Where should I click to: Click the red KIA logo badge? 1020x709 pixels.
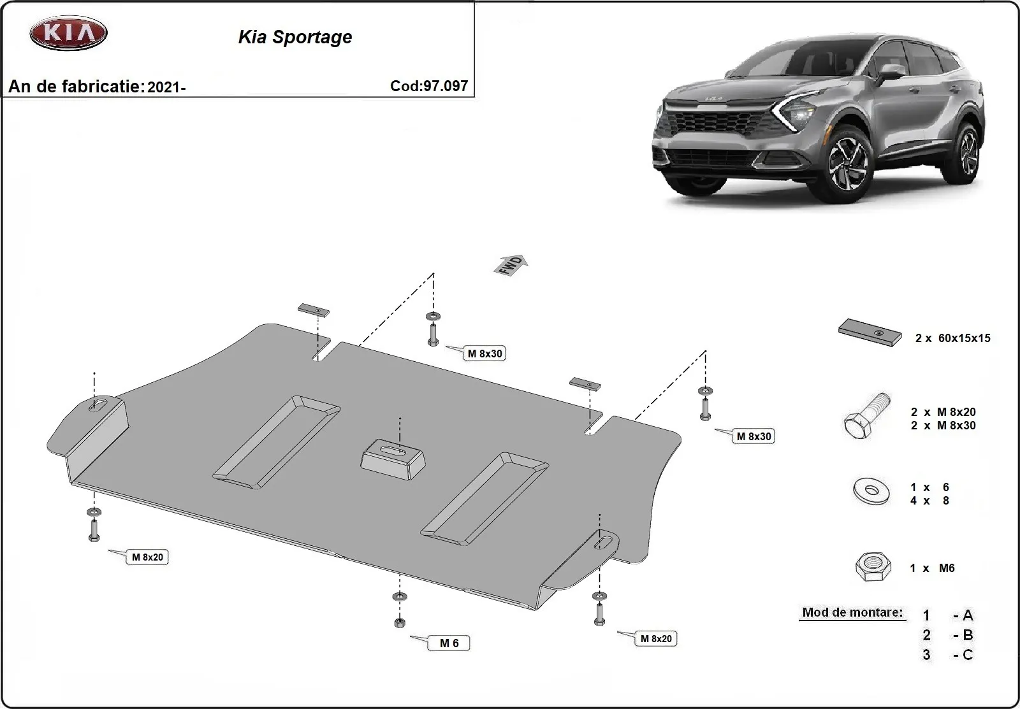click(68, 33)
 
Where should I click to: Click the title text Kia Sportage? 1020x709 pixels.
click(295, 37)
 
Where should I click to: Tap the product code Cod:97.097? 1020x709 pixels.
click(429, 86)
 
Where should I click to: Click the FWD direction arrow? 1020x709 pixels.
click(511, 265)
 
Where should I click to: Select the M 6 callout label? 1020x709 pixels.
click(449, 643)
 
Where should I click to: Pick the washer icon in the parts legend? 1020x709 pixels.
click(871, 491)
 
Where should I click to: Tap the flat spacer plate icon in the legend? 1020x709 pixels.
click(870, 333)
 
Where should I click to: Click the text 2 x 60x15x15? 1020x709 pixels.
click(952, 338)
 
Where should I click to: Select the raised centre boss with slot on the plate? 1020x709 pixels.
click(393, 456)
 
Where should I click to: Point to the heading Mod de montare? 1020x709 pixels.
click(852, 612)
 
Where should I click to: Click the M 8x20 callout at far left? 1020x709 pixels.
click(147, 557)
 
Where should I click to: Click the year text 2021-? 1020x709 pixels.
click(166, 87)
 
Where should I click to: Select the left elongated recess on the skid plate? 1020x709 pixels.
click(276, 438)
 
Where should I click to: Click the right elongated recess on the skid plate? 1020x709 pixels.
click(484, 493)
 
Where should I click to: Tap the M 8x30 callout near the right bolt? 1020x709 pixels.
click(754, 436)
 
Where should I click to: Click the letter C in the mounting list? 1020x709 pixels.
click(967, 655)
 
